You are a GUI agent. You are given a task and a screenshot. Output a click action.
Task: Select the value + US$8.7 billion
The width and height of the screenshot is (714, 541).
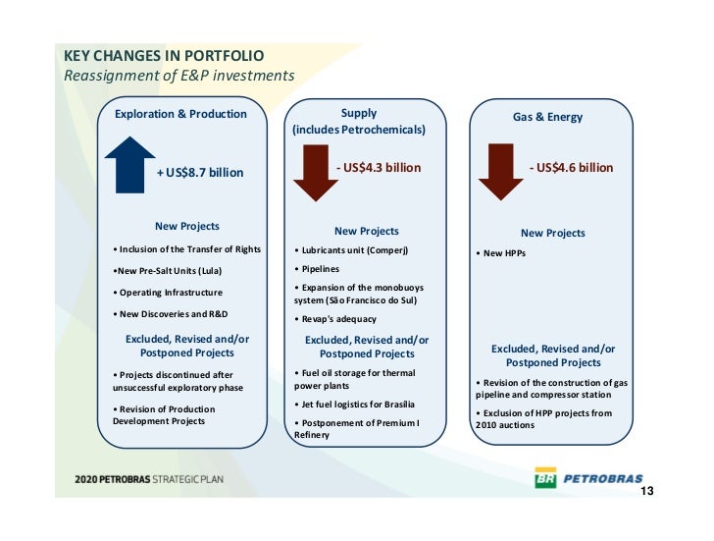[x=200, y=173]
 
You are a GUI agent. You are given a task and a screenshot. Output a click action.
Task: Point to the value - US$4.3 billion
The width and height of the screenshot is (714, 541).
[x=378, y=168]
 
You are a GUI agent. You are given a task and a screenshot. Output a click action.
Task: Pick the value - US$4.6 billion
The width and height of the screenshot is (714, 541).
[x=571, y=168]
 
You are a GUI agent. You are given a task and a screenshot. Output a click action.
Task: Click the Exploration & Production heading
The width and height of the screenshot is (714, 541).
[x=180, y=114]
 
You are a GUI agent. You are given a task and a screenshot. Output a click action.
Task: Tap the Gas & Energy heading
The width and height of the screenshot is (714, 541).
[x=547, y=117]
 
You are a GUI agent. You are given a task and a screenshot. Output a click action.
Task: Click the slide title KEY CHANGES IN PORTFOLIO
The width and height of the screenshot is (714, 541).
[x=164, y=57]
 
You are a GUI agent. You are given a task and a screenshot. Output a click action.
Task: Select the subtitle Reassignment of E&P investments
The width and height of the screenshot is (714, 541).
[x=178, y=76]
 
